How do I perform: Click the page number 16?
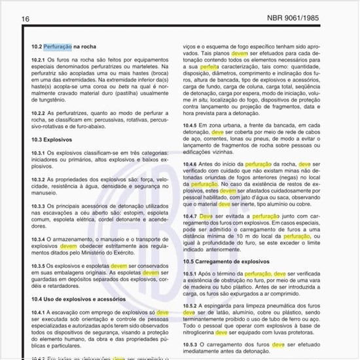pos(25,18)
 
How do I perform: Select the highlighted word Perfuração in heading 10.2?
pos(58,47)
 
